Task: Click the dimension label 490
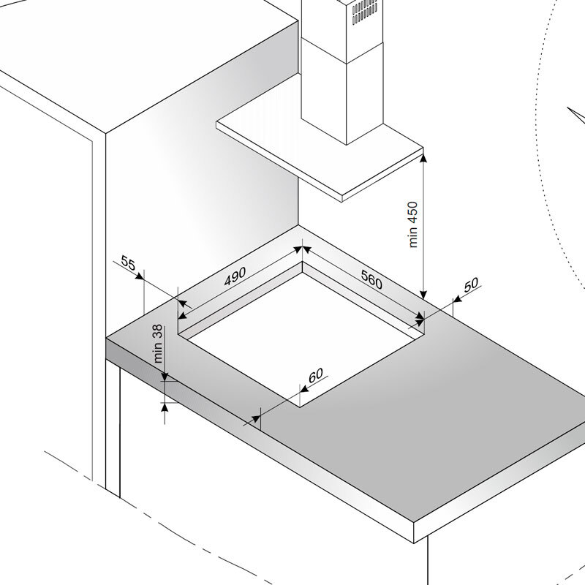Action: click(235, 276)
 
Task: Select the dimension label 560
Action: click(371, 279)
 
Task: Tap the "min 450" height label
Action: click(413, 224)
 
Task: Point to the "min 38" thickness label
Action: click(158, 344)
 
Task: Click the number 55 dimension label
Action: click(128, 263)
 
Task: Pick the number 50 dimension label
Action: click(471, 284)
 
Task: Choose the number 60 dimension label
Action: click(316, 374)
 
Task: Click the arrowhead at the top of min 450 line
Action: click(423, 158)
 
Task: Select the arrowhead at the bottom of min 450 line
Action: click(423, 295)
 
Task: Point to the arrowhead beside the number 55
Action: click(139, 276)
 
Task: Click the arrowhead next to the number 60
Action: click(304, 389)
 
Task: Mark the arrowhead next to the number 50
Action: click(458, 298)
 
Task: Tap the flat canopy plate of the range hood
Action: click(320, 156)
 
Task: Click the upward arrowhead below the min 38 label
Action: click(165, 407)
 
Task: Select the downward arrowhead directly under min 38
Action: click(165, 377)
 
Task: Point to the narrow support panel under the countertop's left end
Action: click(113, 429)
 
